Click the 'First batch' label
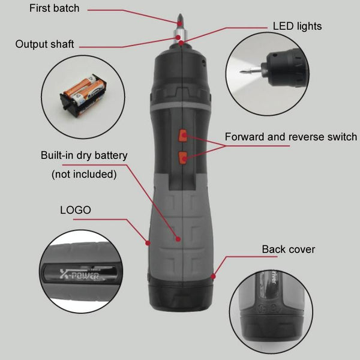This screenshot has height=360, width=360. point(54,8)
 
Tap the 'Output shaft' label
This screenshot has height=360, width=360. point(44,44)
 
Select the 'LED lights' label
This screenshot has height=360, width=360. point(297,26)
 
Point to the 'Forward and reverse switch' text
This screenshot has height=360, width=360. point(291,137)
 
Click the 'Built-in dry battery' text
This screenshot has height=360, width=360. point(84,155)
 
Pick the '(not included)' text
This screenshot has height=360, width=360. point(84,174)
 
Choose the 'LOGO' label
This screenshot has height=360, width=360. point(76,210)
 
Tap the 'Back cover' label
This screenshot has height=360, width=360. point(289,250)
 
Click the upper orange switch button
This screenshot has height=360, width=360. point(183,136)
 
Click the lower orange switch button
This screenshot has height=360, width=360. point(183,158)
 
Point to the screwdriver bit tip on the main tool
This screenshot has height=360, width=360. point(181,14)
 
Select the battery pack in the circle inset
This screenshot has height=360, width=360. point(84,95)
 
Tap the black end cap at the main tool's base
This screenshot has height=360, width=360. point(181,295)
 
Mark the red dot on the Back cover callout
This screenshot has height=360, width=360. point(213,277)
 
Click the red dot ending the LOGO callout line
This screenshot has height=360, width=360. point(148,243)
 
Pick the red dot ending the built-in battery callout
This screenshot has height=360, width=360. point(178,239)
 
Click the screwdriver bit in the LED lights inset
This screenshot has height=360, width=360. point(251,70)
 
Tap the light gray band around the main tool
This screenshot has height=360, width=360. point(181,106)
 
